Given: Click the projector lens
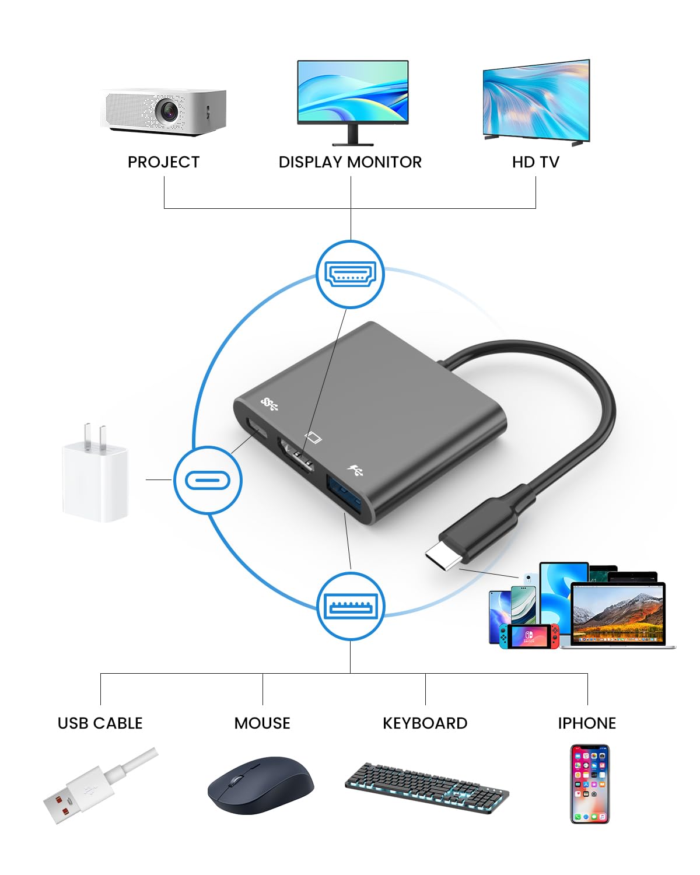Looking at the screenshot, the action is pyautogui.click(x=169, y=111).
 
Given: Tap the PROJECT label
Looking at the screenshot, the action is pyautogui.click(x=163, y=162).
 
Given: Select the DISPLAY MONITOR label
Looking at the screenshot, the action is pyautogui.click(x=350, y=162).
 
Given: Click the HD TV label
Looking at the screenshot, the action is pyautogui.click(x=535, y=162).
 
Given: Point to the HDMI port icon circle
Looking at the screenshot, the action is pyautogui.click(x=350, y=274).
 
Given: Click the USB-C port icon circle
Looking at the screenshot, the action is pyautogui.click(x=208, y=480).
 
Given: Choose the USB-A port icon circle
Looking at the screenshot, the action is pyautogui.click(x=351, y=607).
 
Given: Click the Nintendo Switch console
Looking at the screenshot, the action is pyautogui.click(x=528, y=636).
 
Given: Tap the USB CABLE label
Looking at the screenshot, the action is pyautogui.click(x=100, y=723).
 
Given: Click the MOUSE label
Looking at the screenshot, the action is pyautogui.click(x=262, y=723).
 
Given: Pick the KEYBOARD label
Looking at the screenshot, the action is pyautogui.click(x=425, y=723).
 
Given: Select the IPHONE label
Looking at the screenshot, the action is pyautogui.click(x=587, y=723).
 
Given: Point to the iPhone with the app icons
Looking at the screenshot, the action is pyautogui.click(x=589, y=783).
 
